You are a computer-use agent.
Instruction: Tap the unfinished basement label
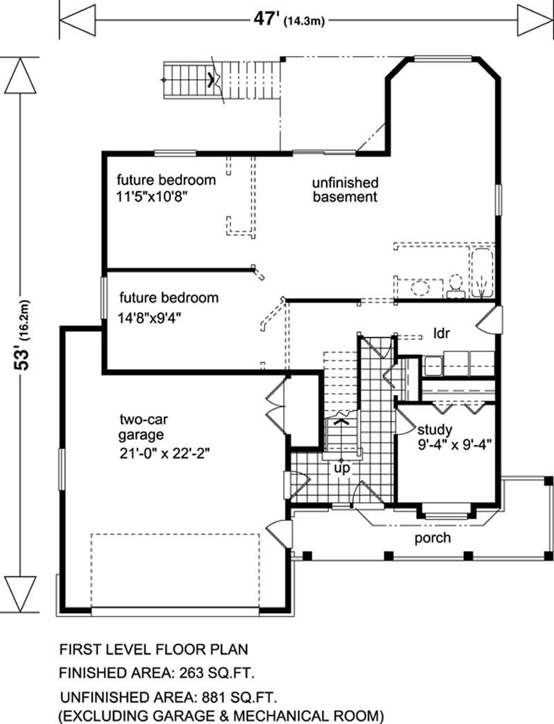pyautogui.click(x=346, y=189)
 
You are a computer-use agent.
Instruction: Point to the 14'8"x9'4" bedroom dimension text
pyautogui.click(x=150, y=318)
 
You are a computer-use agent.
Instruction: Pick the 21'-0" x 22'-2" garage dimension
pyautogui.click(x=165, y=453)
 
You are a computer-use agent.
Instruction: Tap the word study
pyautogui.click(x=434, y=430)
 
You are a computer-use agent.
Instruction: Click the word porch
pyautogui.click(x=432, y=538)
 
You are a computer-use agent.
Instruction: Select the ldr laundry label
pyautogui.click(x=441, y=333)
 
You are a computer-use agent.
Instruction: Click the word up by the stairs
pyautogui.click(x=342, y=468)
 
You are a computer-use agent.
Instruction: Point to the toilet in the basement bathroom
pyautogui.click(x=455, y=286)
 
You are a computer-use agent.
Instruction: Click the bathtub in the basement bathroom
pyautogui.click(x=481, y=274)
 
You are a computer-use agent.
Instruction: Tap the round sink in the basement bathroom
pyautogui.click(x=420, y=288)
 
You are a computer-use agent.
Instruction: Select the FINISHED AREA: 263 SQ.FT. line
pyautogui.click(x=157, y=673)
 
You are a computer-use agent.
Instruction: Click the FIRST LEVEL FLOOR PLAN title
pyautogui.click(x=154, y=649)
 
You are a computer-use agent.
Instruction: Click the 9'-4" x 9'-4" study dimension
pyautogui.click(x=454, y=445)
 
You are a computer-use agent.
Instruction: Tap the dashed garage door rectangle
pyautogui.click(x=175, y=572)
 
